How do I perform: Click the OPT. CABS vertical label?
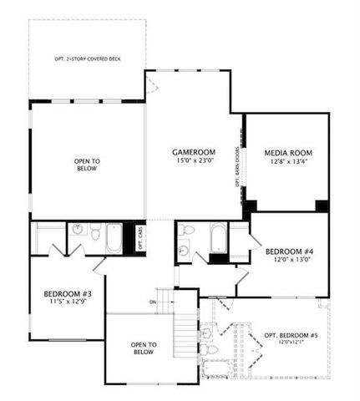(140, 240)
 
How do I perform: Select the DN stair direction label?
(153, 302)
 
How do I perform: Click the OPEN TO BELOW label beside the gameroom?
(87, 165)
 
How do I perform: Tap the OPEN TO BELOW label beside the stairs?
(143, 348)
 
